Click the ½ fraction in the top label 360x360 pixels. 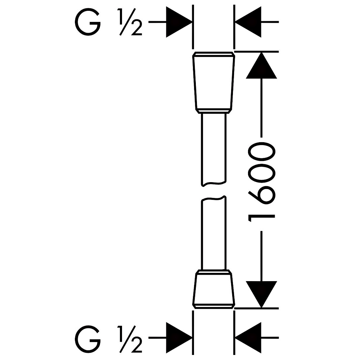click(x=130, y=22)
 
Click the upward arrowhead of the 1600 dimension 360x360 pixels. click(x=261, y=66)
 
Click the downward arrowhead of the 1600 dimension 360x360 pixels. click(x=261, y=294)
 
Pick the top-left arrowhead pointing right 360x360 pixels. click(x=179, y=22)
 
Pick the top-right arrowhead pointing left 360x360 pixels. click(x=248, y=22)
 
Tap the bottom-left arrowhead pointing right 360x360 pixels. click(x=179, y=338)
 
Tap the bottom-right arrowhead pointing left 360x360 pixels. click(x=248, y=338)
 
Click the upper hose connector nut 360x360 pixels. click(x=213, y=83)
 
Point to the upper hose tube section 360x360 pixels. click(x=214, y=149)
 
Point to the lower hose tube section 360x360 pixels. click(x=214, y=233)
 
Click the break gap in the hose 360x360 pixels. click(x=214, y=191)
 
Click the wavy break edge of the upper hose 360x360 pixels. click(x=214, y=184)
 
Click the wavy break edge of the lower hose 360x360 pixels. click(x=214, y=198)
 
